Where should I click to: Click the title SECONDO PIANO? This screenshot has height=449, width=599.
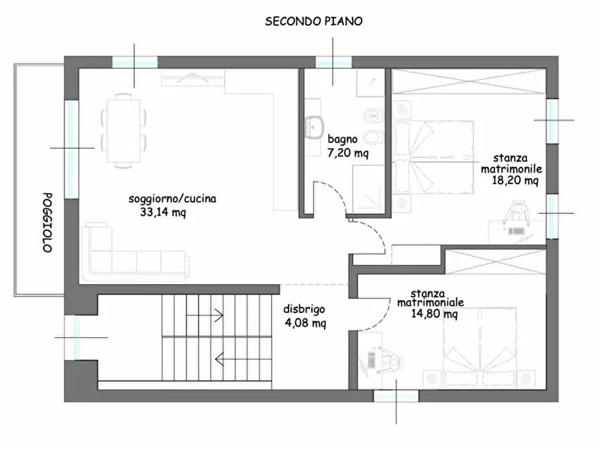[x=314, y=21]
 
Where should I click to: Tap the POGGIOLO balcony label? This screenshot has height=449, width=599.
[x=47, y=222]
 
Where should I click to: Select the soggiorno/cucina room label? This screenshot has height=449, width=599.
[x=172, y=198]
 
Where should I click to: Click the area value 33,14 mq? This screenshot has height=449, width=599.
[x=163, y=212]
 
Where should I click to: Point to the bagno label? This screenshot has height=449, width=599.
[x=342, y=140]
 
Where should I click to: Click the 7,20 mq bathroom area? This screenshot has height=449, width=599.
[x=348, y=153]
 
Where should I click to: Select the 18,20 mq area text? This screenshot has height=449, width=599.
[x=515, y=180]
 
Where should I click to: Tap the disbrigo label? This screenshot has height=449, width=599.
[x=304, y=309]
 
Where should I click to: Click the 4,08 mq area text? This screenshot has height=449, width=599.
[x=305, y=323]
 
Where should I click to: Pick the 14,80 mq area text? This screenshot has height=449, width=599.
[x=435, y=314]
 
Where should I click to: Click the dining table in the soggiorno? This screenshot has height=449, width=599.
[x=123, y=131]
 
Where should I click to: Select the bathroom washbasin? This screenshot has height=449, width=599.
[x=315, y=127]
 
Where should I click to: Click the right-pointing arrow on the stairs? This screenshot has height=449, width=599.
[x=205, y=316]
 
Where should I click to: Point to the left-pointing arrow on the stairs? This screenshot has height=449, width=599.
[x=234, y=359]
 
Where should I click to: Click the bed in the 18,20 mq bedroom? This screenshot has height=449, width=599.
[x=433, y=157]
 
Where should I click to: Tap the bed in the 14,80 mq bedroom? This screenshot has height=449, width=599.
[x=480, y=346]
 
